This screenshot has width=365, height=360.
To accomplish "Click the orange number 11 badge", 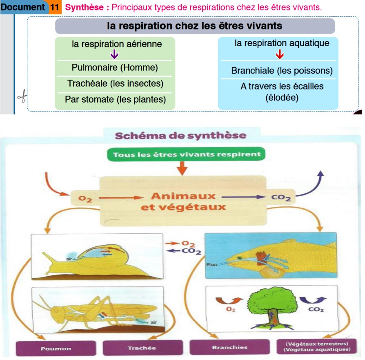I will click(x=55, y=7).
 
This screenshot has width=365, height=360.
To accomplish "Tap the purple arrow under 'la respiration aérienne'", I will click(x=114, y=54).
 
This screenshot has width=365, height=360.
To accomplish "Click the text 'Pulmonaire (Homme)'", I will click(x=115, y=67).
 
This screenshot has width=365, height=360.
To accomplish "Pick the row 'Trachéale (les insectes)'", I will click(x=115, y=83).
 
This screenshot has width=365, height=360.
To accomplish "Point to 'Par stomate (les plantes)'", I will click(x=115, y=99).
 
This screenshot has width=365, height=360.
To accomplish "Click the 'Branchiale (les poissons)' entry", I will click(x=282, y=71).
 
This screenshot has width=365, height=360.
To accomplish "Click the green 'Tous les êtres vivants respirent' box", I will click(x=186, y=154).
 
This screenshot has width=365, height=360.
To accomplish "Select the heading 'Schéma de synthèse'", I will click(x=180, y=135).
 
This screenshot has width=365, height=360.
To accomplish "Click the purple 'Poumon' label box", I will click(x=56, y=349).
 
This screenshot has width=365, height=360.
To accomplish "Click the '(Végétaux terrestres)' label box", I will click(x=318, y=347).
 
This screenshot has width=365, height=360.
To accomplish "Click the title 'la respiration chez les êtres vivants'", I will click(x=194, y=26).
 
